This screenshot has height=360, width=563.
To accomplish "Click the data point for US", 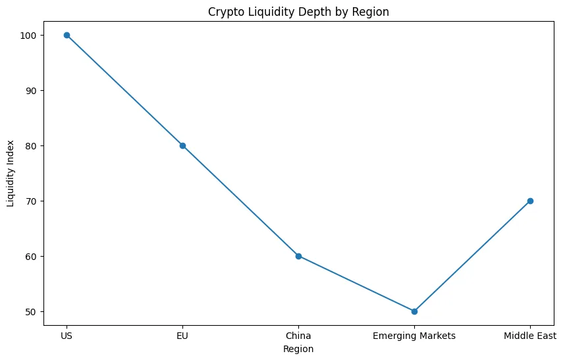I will point(67,35).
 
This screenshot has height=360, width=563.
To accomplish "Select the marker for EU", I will point(182,145).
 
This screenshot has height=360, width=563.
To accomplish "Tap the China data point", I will point(298,256).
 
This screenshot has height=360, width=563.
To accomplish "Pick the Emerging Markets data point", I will point(414,311).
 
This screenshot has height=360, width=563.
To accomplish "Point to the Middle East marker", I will point(530,201).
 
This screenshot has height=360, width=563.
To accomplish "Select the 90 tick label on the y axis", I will point(32,90).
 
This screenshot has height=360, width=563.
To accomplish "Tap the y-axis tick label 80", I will point(32,145).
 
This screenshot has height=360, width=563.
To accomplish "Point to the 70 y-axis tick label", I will point(32,201).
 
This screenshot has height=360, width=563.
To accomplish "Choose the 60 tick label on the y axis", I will point(32,256).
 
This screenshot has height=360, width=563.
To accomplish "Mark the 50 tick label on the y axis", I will point(32,311).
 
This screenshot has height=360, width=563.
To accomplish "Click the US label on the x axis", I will point(67,336).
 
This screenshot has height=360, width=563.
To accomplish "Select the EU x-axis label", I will point(182,336).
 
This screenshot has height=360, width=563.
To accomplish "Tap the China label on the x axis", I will point(298,336).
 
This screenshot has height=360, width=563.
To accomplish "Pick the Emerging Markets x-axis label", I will point(414,336).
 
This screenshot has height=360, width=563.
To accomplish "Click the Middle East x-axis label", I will point(530,336).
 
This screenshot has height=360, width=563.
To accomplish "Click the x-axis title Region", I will point(298,349).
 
